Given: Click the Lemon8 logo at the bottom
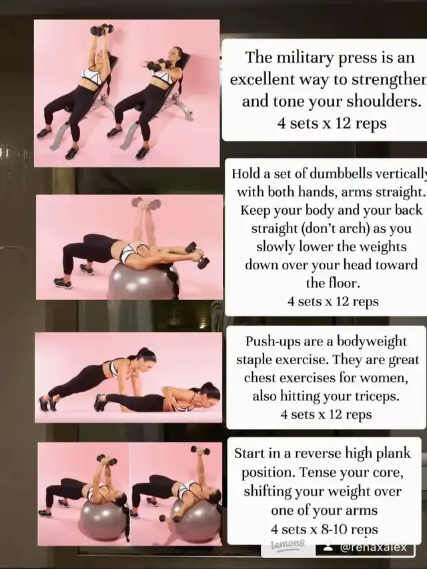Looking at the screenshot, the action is (x=288, y=544).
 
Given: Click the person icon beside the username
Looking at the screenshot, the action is (x=328, y=547).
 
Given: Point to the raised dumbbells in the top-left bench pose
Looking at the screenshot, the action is (x=102, y=30).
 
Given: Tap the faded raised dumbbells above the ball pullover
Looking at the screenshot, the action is (x=146, y=203).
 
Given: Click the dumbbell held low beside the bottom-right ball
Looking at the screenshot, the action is (x=169, y=518).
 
